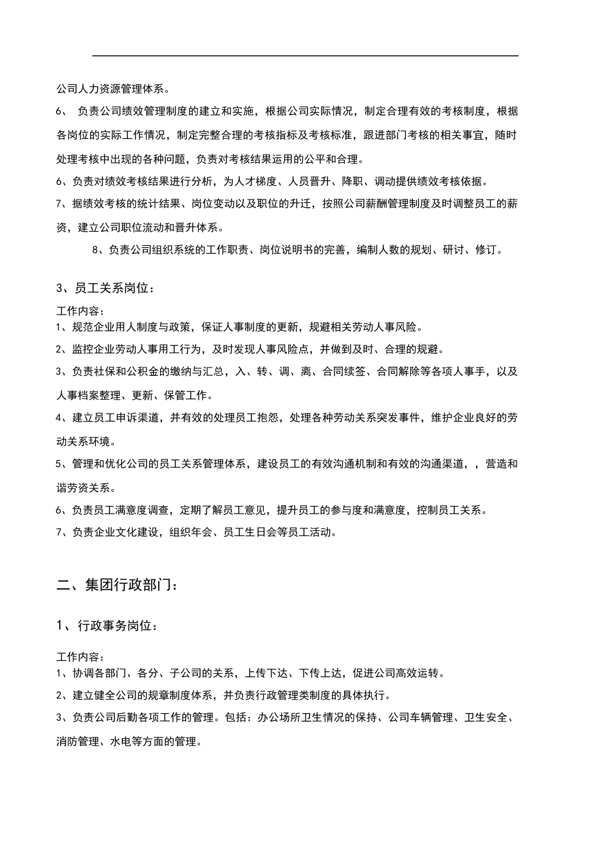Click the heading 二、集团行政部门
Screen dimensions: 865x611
click(x=116, y=585)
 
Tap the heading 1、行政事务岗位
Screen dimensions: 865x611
click(x=106, y=625)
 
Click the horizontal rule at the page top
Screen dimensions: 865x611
click(x=305, y=56)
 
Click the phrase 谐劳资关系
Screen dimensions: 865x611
click(x=83, y=487)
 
